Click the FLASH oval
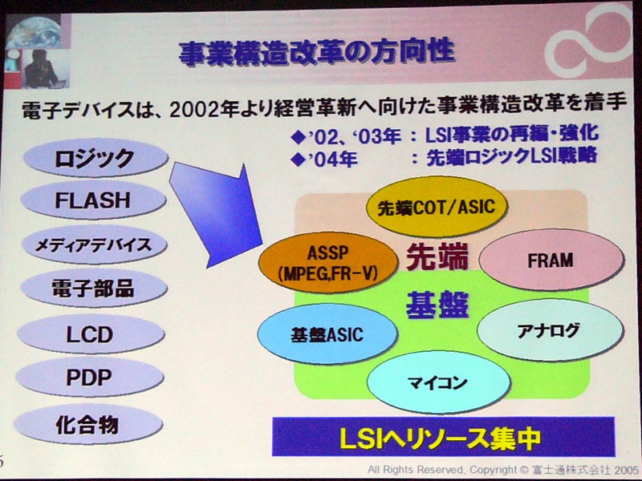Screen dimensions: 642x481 pyautogui.click(x=93, y=200)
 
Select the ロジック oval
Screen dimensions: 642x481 pyautogui.click(x=95, y=157)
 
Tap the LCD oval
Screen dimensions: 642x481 pyautogui.click(x=91, y=334)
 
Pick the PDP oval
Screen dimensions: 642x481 pyautogui.click(x=90, y=378)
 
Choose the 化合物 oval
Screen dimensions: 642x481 pyautogui.click(x=88, y=424)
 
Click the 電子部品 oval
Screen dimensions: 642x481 pyautogui.click(x=94, y=289)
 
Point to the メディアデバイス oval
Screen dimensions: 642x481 pyautogui.click(x=94, y=245)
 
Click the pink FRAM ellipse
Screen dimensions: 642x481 pyautogui.click(x=551, y=260)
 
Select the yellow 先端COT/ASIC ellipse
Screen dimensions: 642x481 pyautogui.click(x=437, y=207)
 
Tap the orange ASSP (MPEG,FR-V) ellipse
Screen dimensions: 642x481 pyautogui.click(x=328, y=263)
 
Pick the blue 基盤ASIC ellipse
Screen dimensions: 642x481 pyautogui.click(x=327, y=334)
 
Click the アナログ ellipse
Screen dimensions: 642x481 pyautogui.click(x=551, y=330)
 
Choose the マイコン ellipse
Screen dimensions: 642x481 pyautogui.click(x=438, y=382)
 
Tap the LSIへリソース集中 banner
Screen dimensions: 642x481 pyautogui.click(x=444, y=437)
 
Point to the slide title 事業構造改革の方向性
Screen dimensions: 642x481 pyautogui.click(x=316, y=52)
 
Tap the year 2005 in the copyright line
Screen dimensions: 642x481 pyautogui.click(x=625, y=470)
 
